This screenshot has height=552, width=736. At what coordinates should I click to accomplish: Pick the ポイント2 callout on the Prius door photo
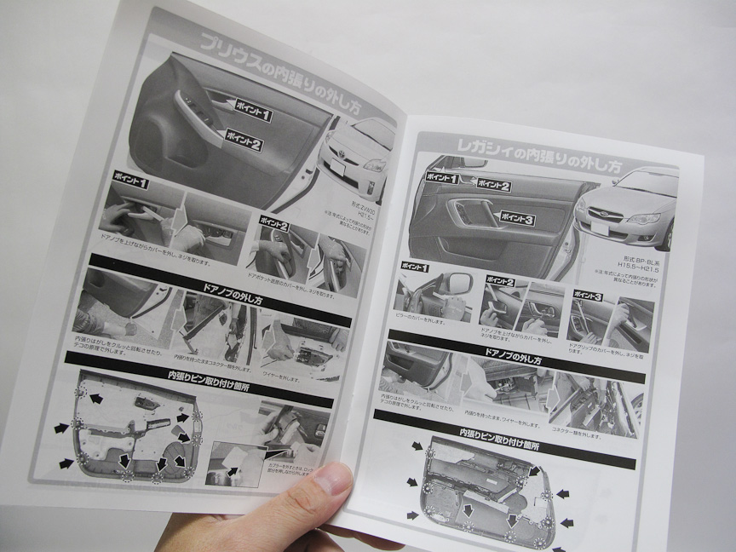point(244,141)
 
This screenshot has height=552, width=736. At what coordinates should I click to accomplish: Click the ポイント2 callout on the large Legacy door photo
point(493,185)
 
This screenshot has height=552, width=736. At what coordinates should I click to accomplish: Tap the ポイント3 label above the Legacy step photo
point(587,296)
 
